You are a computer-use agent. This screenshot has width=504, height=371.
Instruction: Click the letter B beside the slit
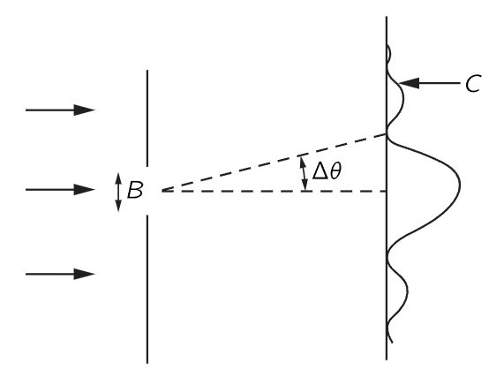click(x=135, y=190)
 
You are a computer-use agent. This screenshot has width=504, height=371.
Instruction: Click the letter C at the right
click(x=473, y=84)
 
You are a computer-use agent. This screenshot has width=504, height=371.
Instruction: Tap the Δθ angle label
click(x=327, y=170)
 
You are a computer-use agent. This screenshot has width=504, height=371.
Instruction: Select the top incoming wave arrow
click(x=60, y=110)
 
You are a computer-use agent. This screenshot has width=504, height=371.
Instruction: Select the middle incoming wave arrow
click(x=60, y=190)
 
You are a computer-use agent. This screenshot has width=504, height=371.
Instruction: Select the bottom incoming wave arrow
click(x=60, y=274)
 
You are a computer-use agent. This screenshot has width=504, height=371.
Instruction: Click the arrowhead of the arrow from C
click(x=409, y=83)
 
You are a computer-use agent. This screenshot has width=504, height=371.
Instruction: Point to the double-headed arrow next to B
click(x=118, y=192)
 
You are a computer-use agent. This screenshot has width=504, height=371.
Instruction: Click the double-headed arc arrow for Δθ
click(x=304, y=173)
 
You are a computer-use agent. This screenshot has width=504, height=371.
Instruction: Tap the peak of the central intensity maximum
click(x=460, y=185)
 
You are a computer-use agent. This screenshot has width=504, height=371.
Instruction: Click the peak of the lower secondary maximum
click(x=408, y=291)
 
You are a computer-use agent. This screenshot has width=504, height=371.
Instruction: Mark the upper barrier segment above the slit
click(x=147, y=117)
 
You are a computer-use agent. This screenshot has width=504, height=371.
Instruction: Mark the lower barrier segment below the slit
click(x=147, y=289)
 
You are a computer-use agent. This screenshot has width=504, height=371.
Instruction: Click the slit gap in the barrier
click(x=147, y=191)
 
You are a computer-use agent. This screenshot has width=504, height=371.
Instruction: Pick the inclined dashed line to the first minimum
click(x=275, y=163)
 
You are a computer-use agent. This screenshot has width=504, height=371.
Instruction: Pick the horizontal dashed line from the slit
click(x=275, y=192)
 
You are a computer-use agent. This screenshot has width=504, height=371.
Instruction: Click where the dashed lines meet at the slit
click(x=162, y=191)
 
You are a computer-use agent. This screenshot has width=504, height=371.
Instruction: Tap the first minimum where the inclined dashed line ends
click(x=387, y=134)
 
